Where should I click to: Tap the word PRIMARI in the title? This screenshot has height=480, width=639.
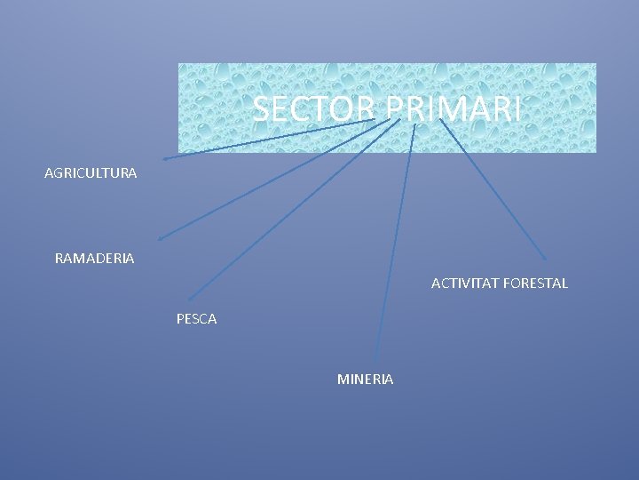click(x=454, y=110)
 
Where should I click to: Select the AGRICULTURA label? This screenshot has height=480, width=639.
click(x=91, y=173)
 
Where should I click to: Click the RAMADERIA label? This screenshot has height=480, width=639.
click(x=95, y=259)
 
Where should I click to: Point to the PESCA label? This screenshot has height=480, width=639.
click(x=196, y=318)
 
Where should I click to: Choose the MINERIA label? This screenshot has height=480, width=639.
click(x=366, y=380)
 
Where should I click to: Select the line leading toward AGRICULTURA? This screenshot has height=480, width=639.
click(x=266, y=140)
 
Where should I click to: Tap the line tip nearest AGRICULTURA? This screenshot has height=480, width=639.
click(x=163, y=159)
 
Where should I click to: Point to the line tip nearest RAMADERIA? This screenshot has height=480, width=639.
click(x=159, y=239)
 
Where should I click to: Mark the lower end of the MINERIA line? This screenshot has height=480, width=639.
click(x=377, y=360)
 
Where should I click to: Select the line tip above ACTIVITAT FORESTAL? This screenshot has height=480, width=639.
click(x=546, y=260)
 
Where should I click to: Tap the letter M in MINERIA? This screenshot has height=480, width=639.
click(x=343, y=380)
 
